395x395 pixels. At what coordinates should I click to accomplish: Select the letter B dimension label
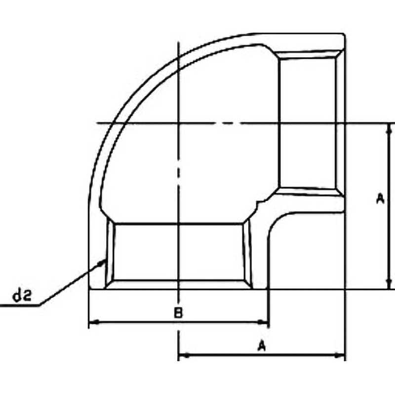[178, 313]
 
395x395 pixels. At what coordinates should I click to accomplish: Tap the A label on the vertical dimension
[380, 198]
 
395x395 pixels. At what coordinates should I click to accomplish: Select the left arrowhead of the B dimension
[94, 322]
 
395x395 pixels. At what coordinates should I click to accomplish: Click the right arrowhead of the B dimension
[262, 322]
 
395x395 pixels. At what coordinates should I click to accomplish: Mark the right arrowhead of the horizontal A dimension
[339, 355]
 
